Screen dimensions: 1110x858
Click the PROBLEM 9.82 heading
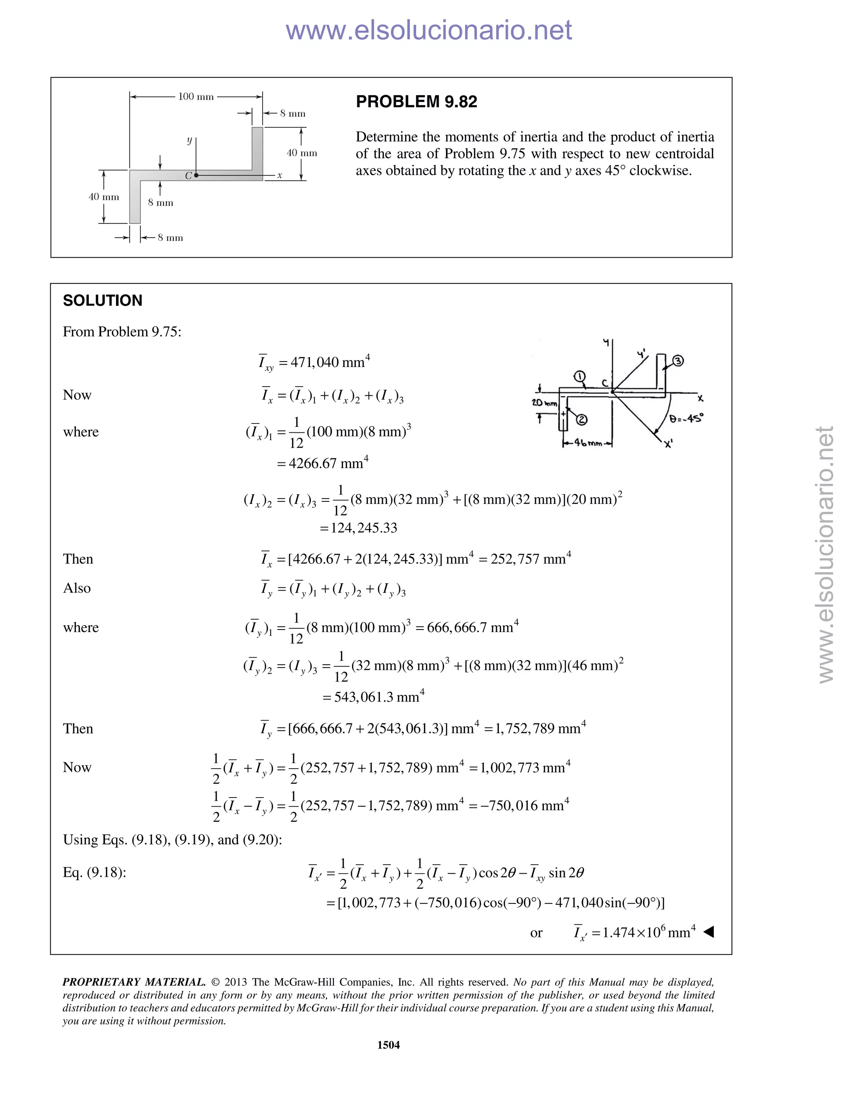point(416,102)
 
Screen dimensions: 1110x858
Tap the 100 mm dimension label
point(196,97)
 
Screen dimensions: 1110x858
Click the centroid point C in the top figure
point(196,175)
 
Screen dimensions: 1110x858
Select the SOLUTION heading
point(102,300)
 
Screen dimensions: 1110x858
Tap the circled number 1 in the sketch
point(579,377)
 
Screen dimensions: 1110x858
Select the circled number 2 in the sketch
point(581,420)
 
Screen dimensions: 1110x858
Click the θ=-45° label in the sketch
point(686,419)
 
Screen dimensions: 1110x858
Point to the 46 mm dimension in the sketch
point(588,443)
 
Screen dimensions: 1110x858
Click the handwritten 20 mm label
point(544,403)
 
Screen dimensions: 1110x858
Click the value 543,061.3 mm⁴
point(379,697)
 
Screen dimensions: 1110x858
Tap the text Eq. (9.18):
point(95,873)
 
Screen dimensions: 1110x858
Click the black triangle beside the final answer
point(708,932)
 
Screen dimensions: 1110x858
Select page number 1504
point(388,1044)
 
